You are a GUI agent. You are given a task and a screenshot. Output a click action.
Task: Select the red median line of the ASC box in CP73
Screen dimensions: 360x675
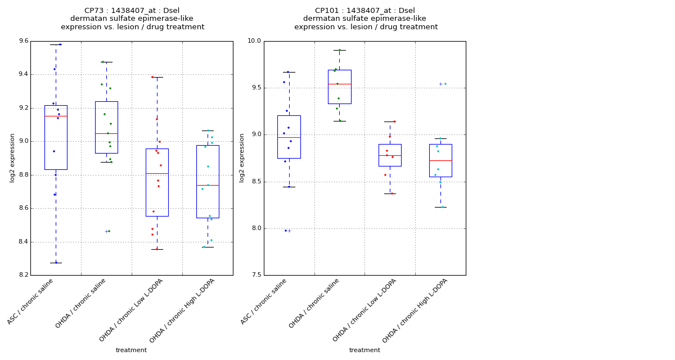click(56, 116)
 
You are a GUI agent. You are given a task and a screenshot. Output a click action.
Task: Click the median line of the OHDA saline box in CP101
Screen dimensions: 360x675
click(339, 84)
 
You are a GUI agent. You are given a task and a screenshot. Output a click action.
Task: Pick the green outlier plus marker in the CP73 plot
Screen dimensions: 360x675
click(106, 231)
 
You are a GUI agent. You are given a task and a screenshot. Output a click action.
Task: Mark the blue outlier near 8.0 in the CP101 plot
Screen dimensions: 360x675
click(289, 231)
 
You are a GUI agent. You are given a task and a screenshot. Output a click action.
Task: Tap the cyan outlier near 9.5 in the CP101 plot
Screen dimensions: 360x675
click(440, 84)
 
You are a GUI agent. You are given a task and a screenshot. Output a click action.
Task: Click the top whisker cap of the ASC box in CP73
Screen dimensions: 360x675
click(56, 44)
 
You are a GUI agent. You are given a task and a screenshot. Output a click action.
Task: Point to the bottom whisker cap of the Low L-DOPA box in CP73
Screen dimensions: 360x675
click(157, 249)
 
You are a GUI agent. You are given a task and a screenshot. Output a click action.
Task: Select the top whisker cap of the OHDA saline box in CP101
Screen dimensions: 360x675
click(339, 50)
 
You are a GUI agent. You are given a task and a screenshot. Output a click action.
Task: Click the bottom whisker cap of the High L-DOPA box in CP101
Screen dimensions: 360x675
click(440, 207)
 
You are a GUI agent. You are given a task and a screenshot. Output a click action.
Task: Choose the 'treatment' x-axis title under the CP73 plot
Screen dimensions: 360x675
click(131, 350)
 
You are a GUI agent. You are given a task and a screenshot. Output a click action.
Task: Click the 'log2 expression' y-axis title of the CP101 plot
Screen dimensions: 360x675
click(242, 158)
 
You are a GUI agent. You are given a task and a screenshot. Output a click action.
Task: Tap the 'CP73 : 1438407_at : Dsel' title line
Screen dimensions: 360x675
click(132, 11)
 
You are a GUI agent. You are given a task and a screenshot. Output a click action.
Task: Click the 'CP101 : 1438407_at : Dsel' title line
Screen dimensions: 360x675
click(365, 11)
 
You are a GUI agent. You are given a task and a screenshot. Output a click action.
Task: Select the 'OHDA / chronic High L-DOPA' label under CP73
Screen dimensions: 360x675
click(183, 310)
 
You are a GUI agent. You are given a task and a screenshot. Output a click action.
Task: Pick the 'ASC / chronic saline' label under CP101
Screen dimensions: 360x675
click(264, 301)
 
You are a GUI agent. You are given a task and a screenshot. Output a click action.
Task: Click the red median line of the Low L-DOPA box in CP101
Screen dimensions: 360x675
click(390, 155)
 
